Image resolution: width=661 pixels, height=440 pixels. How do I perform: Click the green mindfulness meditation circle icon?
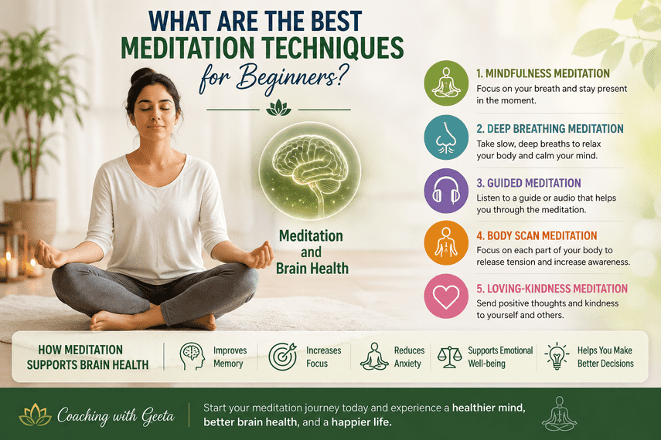[446, 83]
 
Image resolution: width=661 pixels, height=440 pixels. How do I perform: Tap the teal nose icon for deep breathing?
[446, 137]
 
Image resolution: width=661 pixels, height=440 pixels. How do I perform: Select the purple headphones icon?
[446, 191]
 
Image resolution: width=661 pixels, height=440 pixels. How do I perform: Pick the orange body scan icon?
[446, 243]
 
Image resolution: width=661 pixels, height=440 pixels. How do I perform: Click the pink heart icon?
[446, 296]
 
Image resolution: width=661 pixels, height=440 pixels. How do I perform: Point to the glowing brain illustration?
[310, 171]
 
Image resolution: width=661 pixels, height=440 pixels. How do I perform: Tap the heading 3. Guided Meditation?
[529, 183]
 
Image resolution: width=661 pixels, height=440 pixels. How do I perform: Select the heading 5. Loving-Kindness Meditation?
[552, 289]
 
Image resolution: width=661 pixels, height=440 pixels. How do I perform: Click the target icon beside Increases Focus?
[282, 356]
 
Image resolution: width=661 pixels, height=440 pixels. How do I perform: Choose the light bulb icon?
[557, 356]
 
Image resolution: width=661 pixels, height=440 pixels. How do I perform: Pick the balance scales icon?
[449, 357]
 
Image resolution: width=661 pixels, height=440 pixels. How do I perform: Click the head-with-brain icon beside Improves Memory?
[192, 356]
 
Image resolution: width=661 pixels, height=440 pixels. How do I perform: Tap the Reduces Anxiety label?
[409, 357]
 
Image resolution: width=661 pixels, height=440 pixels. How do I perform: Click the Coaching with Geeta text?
[115, 416]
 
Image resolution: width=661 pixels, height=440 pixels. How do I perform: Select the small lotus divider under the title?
[278, 108]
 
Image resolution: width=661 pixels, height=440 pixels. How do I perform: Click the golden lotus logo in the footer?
[36, 415]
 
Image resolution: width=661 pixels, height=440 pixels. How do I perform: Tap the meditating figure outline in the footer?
[559, 414]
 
